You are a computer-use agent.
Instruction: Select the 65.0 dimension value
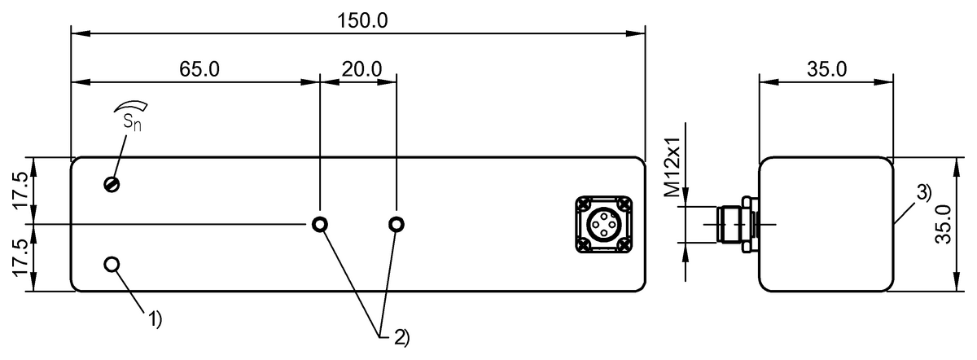coord(199,68)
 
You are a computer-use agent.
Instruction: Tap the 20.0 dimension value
coord(361,68)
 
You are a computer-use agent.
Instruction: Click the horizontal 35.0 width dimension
coord(826,68)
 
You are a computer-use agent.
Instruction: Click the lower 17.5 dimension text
coord(22,257)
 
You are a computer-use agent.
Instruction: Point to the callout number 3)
coord(922,194)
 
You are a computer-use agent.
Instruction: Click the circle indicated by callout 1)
coord(112,264)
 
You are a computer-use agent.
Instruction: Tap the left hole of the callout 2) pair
coord(321,224)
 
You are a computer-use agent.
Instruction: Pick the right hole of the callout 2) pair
coord(396,224)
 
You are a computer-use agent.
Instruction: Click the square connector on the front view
coord(602,224)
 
